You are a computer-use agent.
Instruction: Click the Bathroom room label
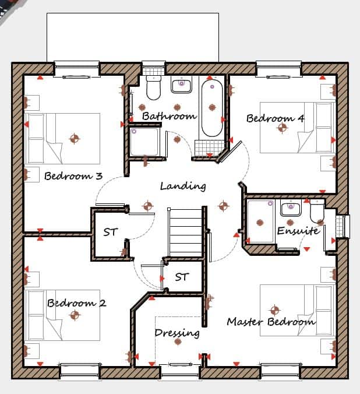[170, 116]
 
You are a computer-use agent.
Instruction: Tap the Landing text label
[183, 186]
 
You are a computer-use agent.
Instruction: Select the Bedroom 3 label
[73, 175]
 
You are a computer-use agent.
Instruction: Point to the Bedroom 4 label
[276, 118]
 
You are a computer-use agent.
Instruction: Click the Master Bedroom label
[271, 322]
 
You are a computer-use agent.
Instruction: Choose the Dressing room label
[177, 333]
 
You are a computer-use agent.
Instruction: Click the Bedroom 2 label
[77, 303]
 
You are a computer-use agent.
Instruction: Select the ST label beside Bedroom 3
[111, 232]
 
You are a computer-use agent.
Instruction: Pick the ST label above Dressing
[182, 277]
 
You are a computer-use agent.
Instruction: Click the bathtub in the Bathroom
[212, 108]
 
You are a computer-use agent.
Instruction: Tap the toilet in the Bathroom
[154, 88]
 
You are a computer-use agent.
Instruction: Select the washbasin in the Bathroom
[181, 85]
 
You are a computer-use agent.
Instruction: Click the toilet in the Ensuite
[317, 211]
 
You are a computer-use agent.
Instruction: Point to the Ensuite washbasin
[291, 208]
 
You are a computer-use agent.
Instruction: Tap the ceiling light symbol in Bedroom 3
[75, 139]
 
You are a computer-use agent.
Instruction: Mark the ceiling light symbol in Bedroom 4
[283, 128]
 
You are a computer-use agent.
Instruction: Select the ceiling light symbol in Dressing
[178, 342]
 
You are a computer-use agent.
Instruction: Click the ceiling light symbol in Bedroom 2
[75, 315]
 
